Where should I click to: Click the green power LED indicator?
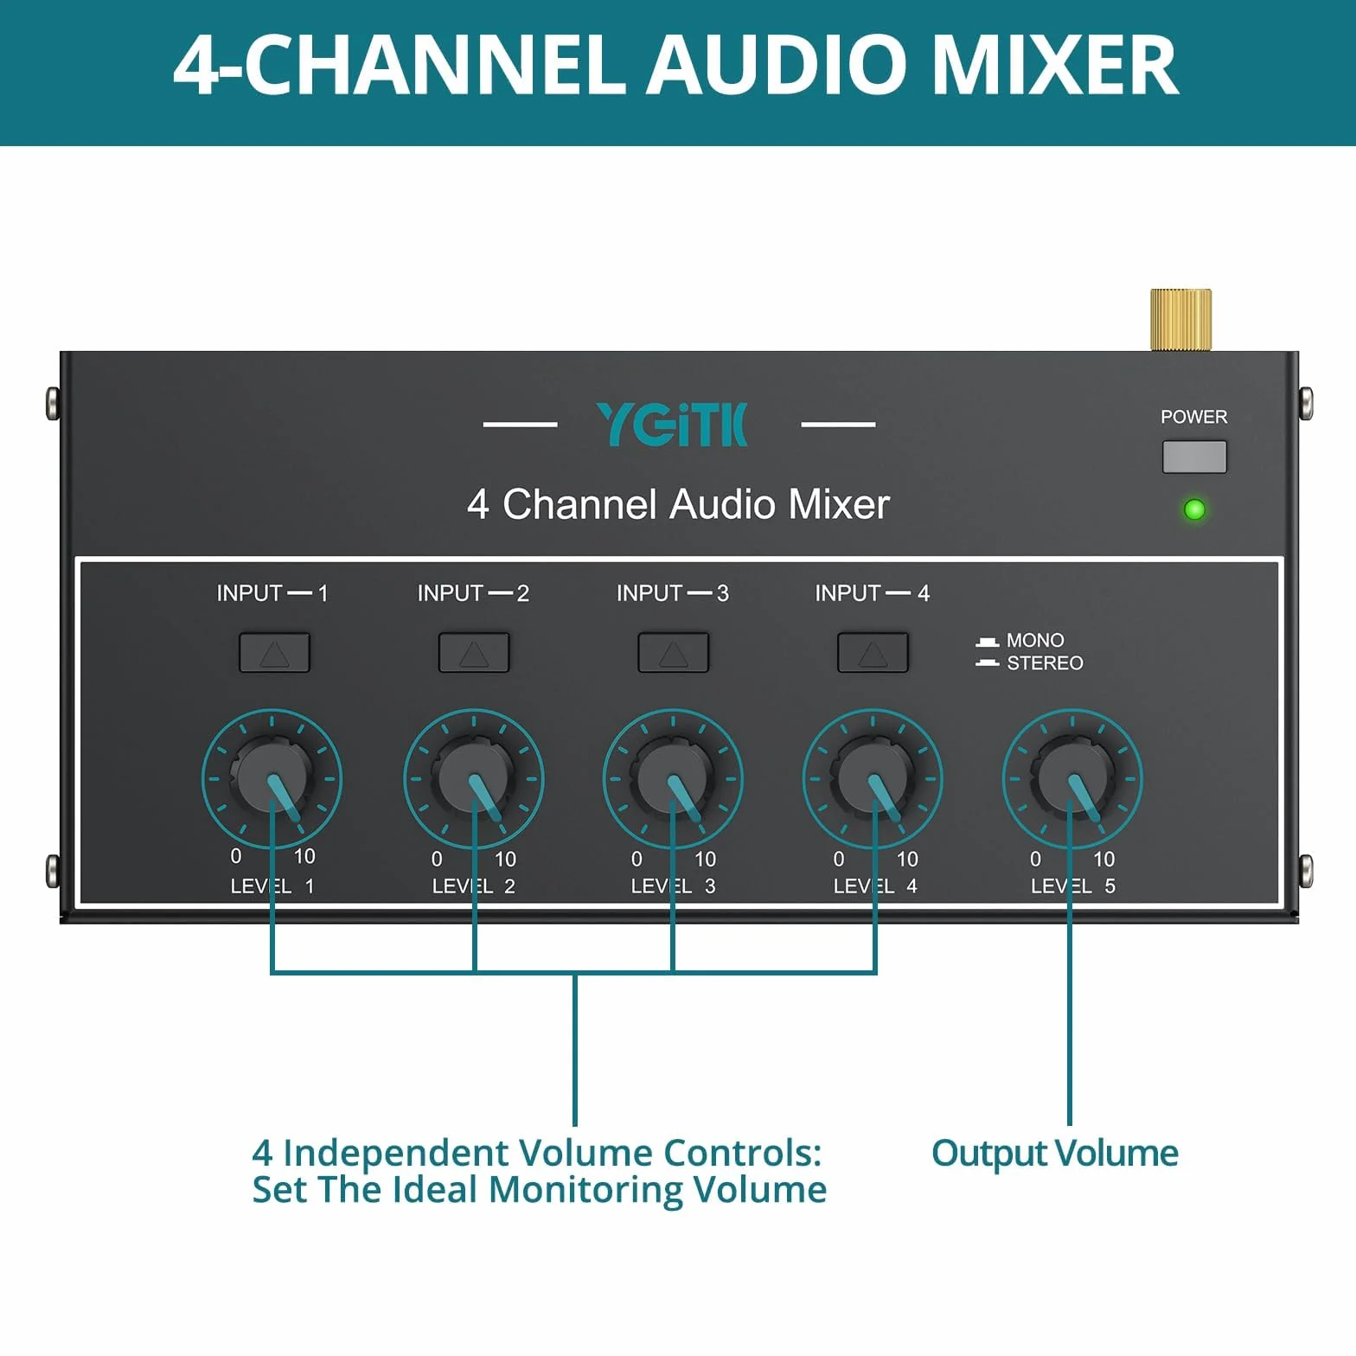1194,509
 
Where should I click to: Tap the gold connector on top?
1180,320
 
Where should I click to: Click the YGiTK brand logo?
672,425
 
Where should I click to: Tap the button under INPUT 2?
474,652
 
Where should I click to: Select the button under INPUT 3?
673,652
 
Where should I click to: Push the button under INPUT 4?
873,652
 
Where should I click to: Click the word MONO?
1035,640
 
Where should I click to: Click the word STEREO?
1045,663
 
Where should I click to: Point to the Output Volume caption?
1055,1154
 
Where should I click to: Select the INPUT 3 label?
673,593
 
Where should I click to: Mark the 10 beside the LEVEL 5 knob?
1103,859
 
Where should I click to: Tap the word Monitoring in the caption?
585,1190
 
